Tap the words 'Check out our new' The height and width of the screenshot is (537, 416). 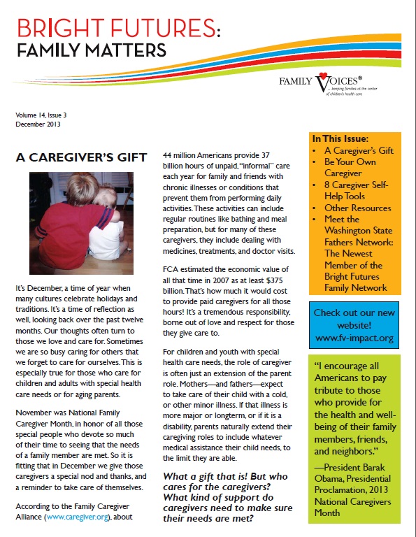pos(355,312)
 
